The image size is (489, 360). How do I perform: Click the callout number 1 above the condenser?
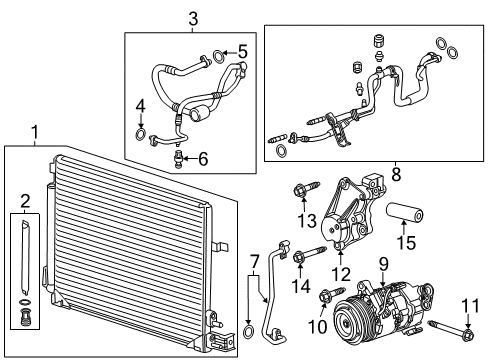coord(35,132)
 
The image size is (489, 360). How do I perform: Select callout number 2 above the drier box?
coord(25,201)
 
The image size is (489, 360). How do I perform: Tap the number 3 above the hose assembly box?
coord(193,19)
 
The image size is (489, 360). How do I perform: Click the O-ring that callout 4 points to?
coord(141,133)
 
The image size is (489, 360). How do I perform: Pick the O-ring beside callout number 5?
coord(218,56)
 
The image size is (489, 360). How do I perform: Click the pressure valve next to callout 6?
coord(178,158)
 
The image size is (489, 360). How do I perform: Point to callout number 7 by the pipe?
coord(254,262)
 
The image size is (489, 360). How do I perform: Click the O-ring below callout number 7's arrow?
coord(248,331)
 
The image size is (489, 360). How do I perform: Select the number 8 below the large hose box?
coord(396,174)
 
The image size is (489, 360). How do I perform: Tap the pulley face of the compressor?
coord(348,322)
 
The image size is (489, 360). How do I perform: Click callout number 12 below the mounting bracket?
coord(341,274)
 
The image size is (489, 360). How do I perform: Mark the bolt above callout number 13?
coord(307,189)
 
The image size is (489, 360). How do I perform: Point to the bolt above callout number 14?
coord(309,255)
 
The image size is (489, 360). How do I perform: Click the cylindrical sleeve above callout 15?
coord(405,212)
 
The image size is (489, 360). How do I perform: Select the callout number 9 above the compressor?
coord(383,264)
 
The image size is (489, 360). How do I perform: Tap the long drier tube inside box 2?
coord(25,258)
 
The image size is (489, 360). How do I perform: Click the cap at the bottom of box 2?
coord(25,317)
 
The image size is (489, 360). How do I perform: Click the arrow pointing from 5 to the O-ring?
coord(230,53)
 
